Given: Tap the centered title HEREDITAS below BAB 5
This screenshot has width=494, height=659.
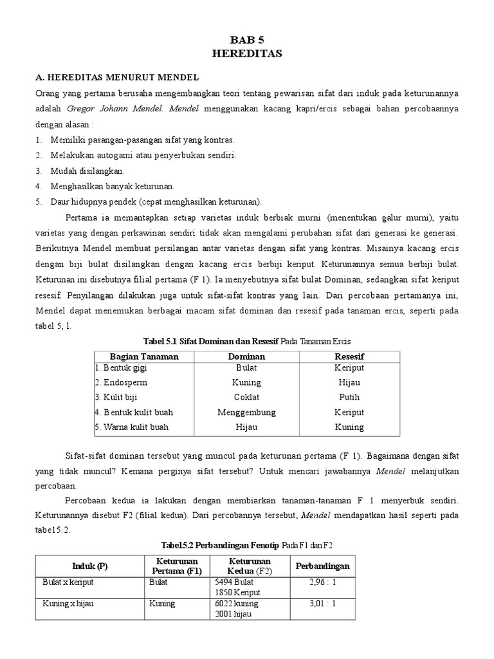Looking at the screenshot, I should [x=247, y=54].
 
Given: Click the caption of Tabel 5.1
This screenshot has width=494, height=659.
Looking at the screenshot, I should [x=247, y=340].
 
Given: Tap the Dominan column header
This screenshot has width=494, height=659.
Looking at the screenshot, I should [x=246, y=356].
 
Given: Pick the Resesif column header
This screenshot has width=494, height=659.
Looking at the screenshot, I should [x=349, y=356].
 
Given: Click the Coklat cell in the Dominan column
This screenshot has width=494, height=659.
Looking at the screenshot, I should [x=246, y=397].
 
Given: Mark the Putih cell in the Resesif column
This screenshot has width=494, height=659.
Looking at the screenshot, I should [x=349, y=397].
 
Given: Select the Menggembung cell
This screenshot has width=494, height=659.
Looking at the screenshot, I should [x=246, y=412].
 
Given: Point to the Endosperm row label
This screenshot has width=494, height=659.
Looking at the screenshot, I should [x=123, y=382].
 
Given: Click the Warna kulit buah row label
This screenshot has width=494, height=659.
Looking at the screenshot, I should [x=134, y=427].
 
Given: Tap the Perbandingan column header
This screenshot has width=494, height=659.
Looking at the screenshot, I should [x=322, y=566].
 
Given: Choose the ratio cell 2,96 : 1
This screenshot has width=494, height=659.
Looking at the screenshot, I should [x=322, y=582].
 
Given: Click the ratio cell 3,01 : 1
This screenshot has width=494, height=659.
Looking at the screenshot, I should [x=322, y=604].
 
